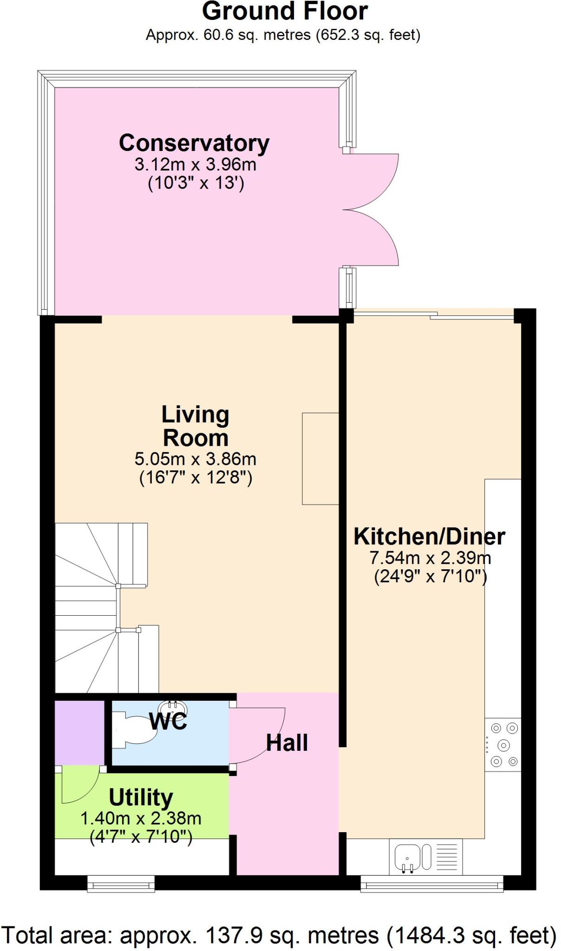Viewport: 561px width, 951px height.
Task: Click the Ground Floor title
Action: click(285, 12)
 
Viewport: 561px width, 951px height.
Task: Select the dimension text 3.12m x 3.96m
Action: click(195, 164)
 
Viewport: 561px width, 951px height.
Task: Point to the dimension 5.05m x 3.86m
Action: click(195, 459)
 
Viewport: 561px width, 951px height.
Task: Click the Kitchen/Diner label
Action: click(429, 536)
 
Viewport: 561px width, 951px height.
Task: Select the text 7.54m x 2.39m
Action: click(430, 557)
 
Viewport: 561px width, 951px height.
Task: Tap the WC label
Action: click(168, 721)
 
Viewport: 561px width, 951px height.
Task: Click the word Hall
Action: click(287, 743)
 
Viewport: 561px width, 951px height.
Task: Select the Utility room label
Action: click(141, 797)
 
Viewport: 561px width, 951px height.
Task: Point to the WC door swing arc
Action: click(258, 734)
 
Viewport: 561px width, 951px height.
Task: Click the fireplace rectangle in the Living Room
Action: click(320, 458)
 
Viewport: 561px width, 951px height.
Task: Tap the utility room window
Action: click(121, 884)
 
